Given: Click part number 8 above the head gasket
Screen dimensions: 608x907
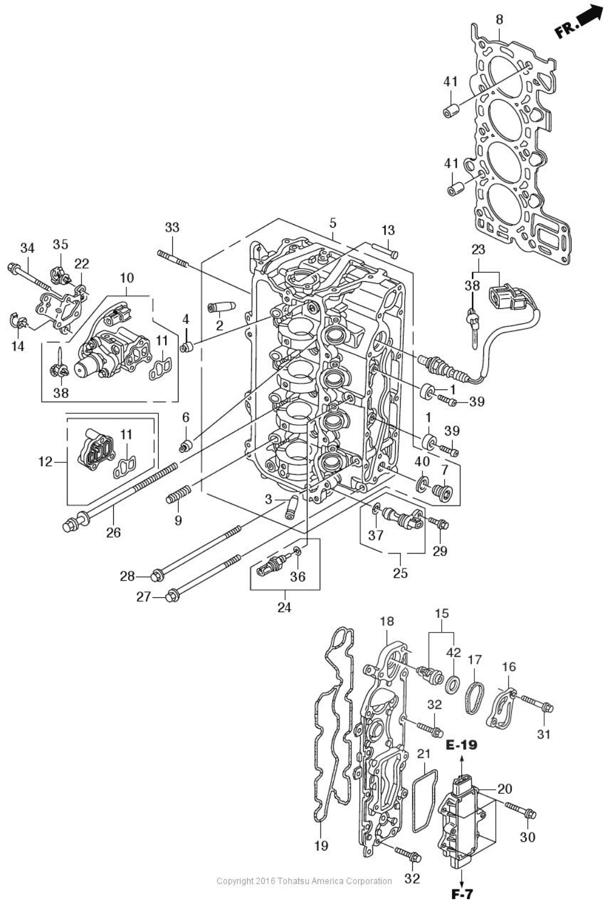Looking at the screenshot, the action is click(x=499, y=20).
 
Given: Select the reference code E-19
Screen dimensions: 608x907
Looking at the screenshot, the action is click(x=462, y=745).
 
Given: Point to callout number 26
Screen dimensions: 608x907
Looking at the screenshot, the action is click(x=114, y=532).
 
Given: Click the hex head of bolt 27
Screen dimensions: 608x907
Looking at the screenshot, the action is click(x=171, y=596).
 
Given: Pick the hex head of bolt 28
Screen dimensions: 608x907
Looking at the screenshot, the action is click(x=157, y=576).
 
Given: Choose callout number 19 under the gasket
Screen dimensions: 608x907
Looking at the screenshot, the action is click(x=321, y=846).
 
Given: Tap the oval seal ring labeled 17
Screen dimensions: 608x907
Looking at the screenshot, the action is click(x=475, y=697).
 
